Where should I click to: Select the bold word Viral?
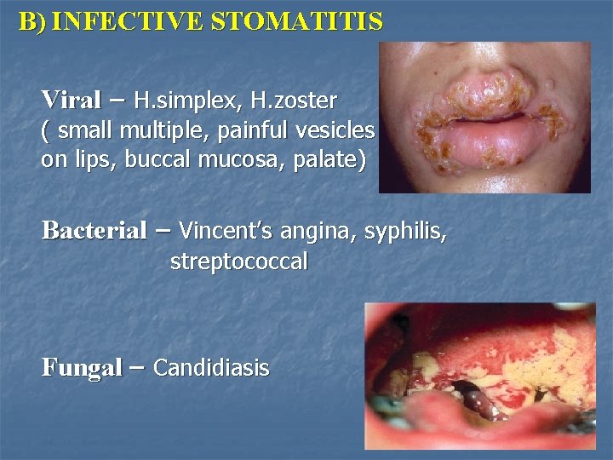[x=72, y=100]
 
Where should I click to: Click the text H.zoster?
[x=294, y=101]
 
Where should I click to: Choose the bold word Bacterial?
[x=95, y=230]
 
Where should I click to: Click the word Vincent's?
[x=223, y=230]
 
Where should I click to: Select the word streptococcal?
[x=238, y=262]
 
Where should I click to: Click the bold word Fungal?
[x=82, y=368]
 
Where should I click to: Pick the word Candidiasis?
[x=211, y=368]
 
